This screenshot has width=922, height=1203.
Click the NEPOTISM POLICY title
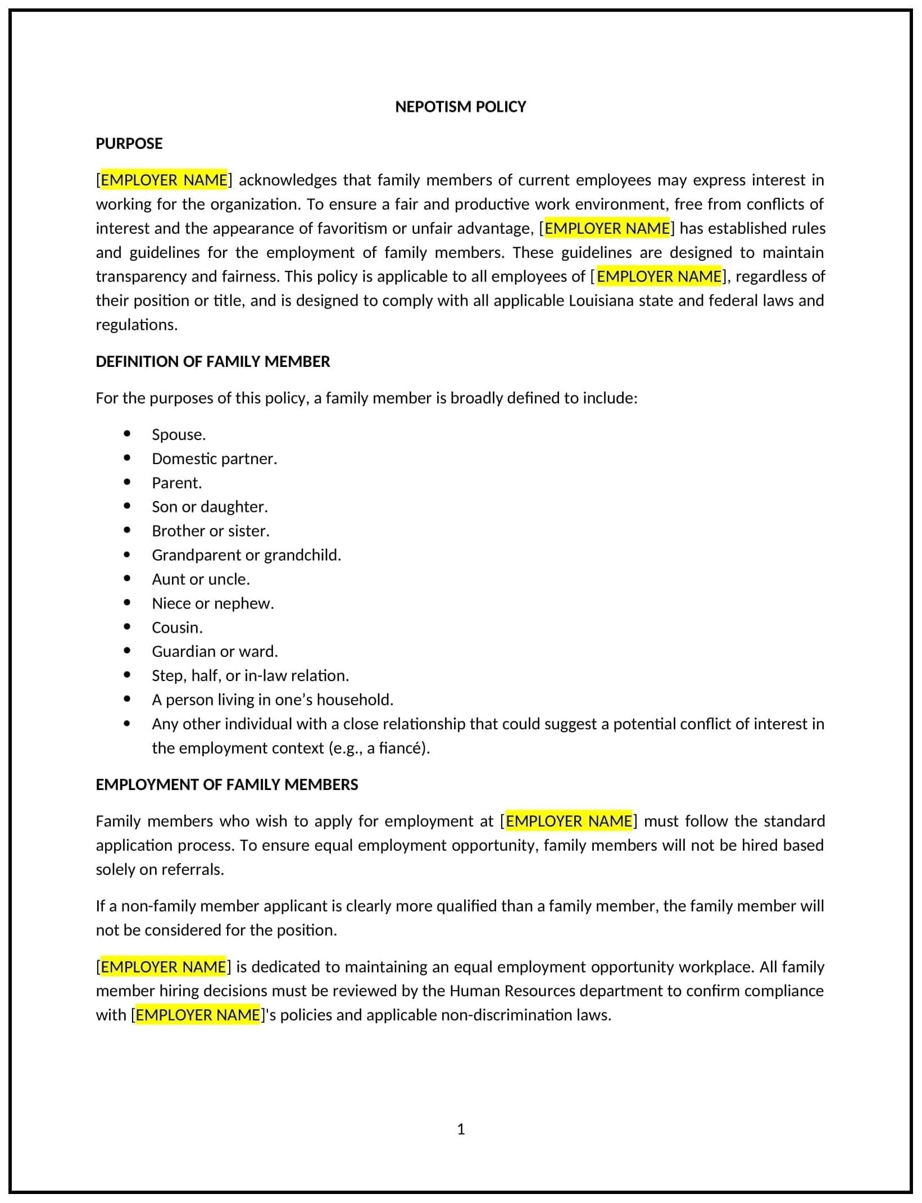point(460,107)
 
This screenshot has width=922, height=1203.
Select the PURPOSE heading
point(129,144)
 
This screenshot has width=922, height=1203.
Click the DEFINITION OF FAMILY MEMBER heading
point(212,362)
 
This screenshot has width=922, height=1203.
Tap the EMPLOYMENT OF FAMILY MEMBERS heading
point(226,785)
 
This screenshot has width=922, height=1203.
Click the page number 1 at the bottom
point(461,1129)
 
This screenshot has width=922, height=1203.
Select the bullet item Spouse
point(179,435)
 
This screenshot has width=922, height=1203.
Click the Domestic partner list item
point(214,459)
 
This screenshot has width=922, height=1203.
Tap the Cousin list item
point(177,628)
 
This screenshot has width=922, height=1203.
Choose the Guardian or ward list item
point(215,652)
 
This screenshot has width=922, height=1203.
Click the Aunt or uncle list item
point(201,579)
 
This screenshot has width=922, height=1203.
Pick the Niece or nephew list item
point(212,603)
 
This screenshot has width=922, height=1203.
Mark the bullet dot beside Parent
point(127,482)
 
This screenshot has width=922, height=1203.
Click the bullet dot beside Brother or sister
point(127,530)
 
